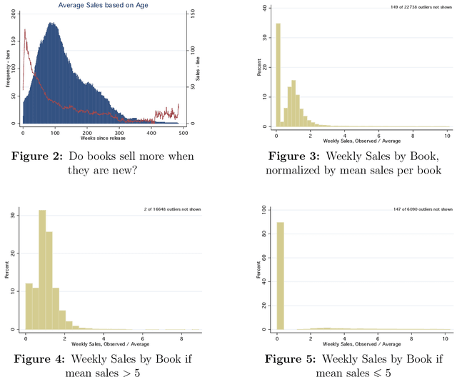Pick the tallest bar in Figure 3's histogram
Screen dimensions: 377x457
point(278,74)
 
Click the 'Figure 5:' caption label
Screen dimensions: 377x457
point(298,358)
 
